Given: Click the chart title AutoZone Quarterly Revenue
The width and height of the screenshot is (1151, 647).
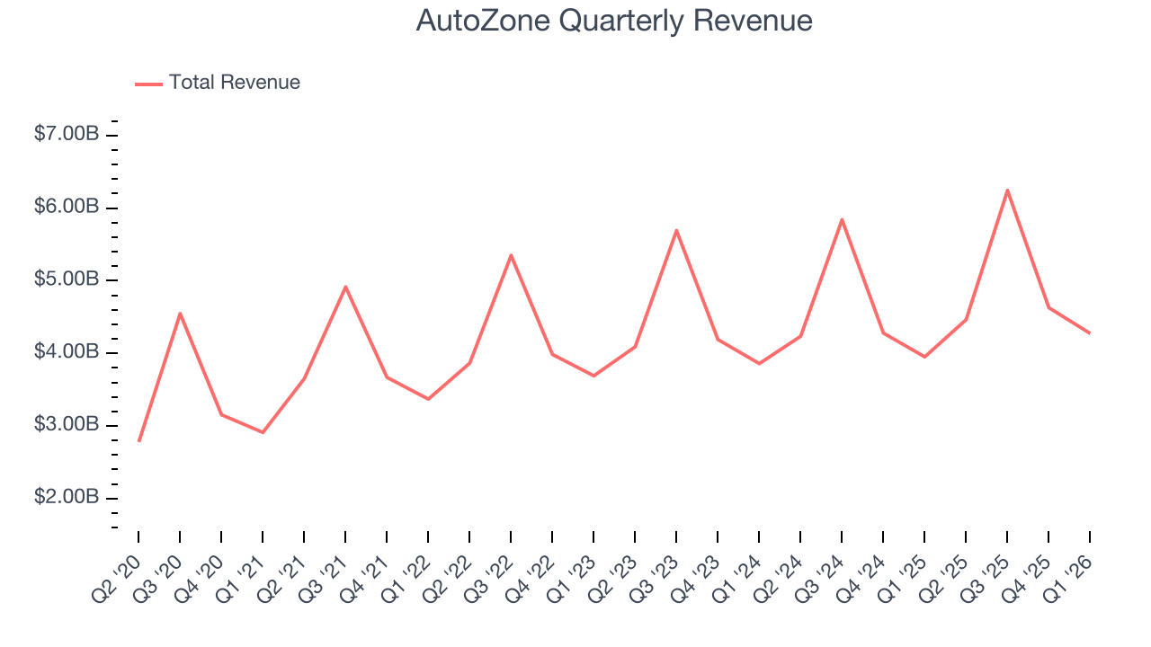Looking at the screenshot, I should (x=614, y=21).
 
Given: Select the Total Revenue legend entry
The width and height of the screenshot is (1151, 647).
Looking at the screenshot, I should (x=234, y=83).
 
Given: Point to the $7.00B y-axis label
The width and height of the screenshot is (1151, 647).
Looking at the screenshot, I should (x=67, y=134).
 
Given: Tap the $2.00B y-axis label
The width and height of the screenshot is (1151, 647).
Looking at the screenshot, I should (x=67, y=498).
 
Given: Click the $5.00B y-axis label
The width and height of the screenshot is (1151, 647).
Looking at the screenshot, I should (x=67, y=279).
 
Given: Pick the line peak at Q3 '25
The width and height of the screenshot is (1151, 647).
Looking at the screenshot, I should (x=1007, y=190).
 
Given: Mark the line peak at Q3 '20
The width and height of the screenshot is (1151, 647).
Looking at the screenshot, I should (x=180, y=314).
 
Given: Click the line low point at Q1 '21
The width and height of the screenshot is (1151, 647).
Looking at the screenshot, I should (x=263, y=432).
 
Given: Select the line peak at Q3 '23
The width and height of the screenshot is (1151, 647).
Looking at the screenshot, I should (x=676, y=230).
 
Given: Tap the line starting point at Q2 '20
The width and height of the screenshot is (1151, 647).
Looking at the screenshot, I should (x=138, y=441).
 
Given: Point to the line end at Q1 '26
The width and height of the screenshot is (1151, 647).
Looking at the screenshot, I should (x=1090, y=333).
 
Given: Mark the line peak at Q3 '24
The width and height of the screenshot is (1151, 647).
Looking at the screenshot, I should (x=842, y=219).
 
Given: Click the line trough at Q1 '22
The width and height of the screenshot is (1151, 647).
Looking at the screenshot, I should (x=428, y=399).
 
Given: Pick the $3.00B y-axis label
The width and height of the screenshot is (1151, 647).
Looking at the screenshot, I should (x=67, y=425).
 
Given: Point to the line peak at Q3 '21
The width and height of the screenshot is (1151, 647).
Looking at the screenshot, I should (x=345, y=287).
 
